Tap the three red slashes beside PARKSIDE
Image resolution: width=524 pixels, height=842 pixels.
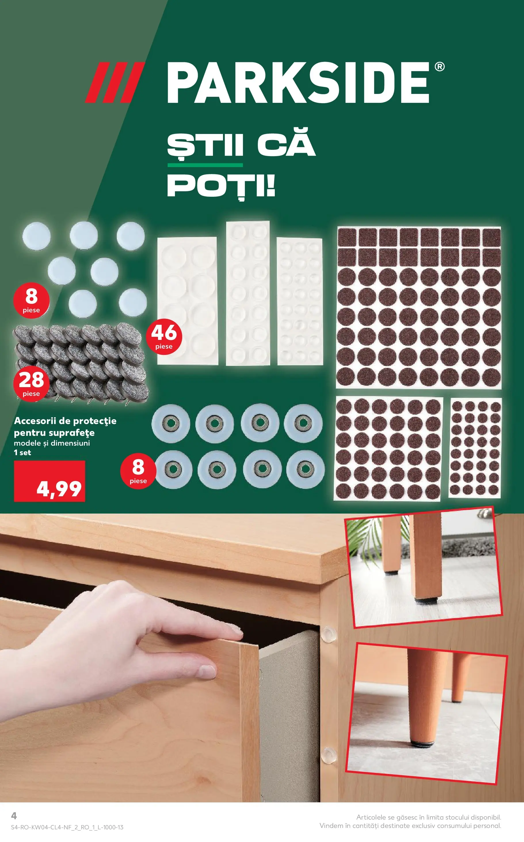[x=114, y=83]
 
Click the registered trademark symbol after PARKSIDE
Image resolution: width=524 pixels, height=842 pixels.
[x=439, y=67]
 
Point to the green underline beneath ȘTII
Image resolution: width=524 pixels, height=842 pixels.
[x=205, y=165]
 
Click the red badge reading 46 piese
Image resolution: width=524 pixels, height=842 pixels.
[x=164, y=336]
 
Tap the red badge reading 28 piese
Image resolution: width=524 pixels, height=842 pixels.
[x=31, y=383]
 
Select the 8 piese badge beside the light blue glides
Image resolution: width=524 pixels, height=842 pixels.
[x=31, y=300]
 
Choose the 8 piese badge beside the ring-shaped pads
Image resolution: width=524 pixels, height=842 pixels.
[x=138, y=470]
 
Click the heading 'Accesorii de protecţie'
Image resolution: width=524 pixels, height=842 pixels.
[x=65, y=421]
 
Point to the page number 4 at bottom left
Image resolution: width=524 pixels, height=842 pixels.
[x=14, y=815]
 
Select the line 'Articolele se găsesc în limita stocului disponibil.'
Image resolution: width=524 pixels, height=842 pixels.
[x=428, y=817]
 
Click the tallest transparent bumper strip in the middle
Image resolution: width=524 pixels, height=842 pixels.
[x=247, y=293]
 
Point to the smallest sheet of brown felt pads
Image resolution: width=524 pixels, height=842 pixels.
[x=475, y=448]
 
